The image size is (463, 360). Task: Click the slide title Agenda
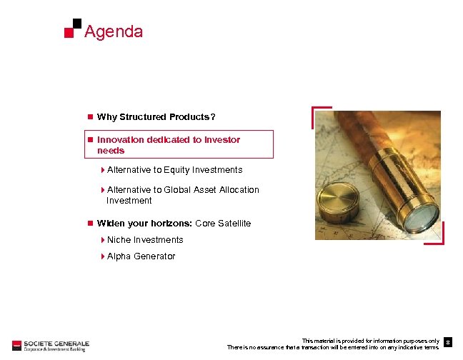(x=114, y=32)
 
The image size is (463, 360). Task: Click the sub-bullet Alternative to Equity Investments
(x=174, y=170)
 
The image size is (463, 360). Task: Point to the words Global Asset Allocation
(x=211, y=190)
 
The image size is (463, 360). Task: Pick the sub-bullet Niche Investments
(x=145, y=240)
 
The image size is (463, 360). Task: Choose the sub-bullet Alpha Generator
(x=141, y=256)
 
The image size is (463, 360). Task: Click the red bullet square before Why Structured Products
(x=89, y=117)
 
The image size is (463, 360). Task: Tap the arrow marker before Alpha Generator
(x=103, y=256)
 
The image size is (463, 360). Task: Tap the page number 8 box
(x=448, y=344)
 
